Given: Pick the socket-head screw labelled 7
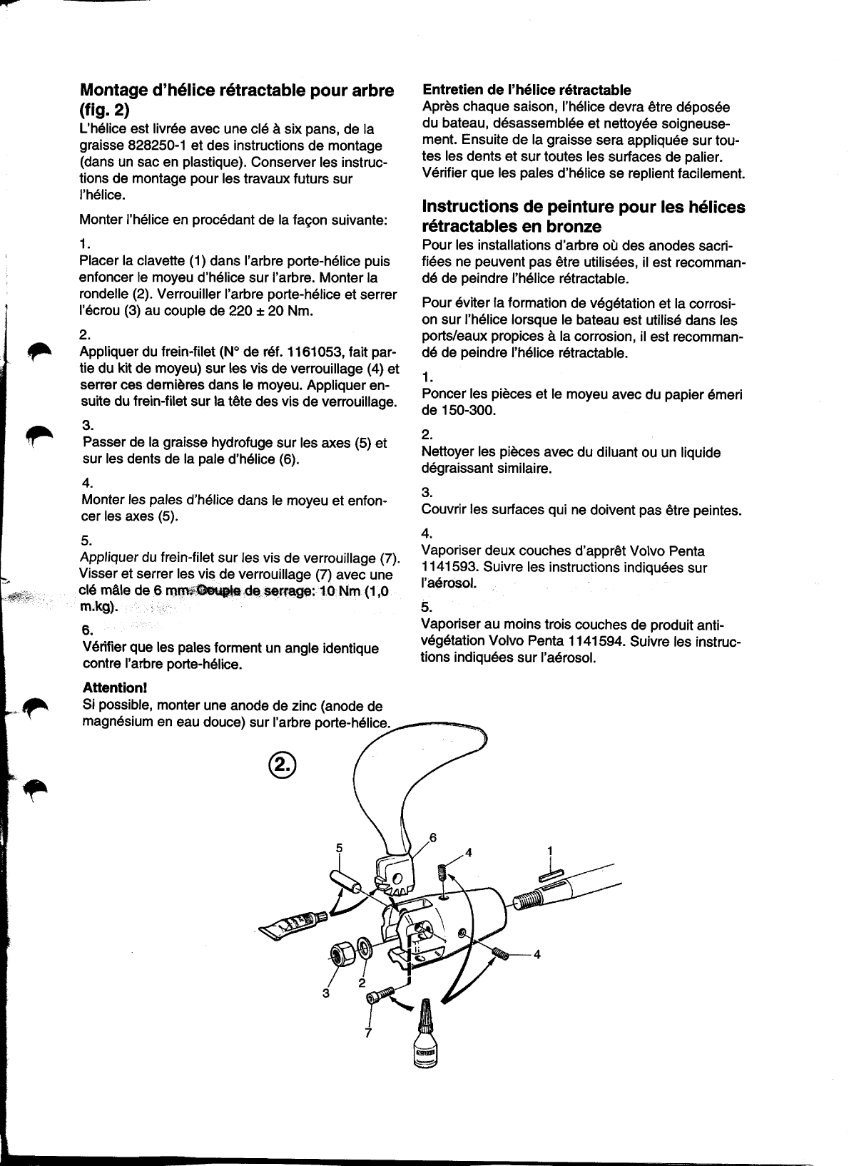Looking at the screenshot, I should click(x=384, y=993).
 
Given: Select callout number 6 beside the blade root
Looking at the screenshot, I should click(x=432, y=837).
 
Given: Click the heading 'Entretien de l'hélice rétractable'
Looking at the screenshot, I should click(x=527, y=90).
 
